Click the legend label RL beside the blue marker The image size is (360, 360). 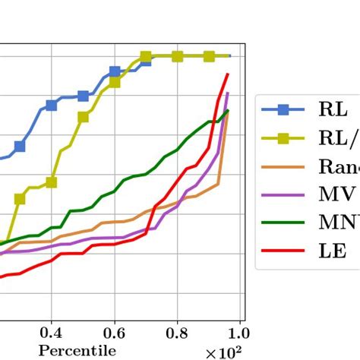(332, 110)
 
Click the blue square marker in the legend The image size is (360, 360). (283, 110)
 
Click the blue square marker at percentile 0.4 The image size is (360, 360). (51, 105)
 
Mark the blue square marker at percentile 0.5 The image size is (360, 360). (83, 96)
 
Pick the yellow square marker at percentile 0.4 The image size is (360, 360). (51, 182)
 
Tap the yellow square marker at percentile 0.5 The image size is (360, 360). (83, 116)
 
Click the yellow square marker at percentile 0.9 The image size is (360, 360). (208, 56)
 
